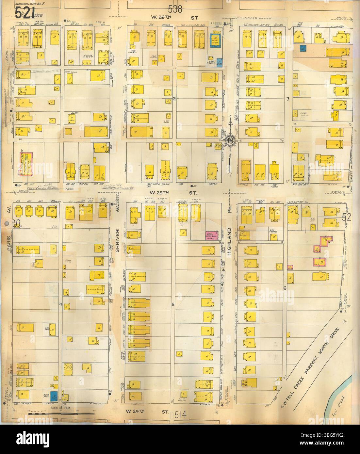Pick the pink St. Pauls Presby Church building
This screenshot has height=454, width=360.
(25, 164)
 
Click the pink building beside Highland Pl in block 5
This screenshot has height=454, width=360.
(212, 235)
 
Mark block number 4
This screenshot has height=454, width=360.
(60, 304)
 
